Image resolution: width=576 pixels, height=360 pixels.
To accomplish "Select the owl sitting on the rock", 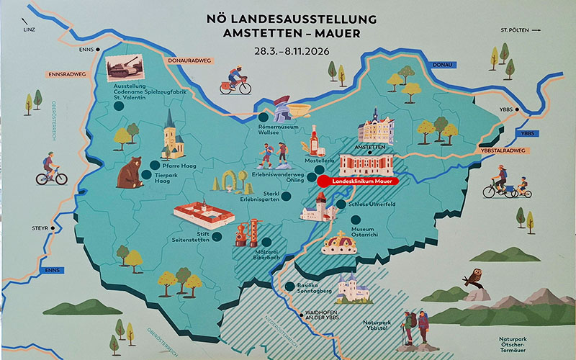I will pos(474,277).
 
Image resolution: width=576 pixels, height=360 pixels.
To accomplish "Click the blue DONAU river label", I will pos(441,66).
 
